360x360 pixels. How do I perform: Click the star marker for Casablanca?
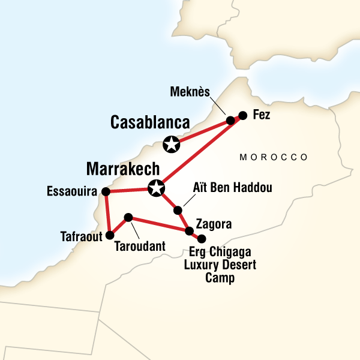coord(172,144)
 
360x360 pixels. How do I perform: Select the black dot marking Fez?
coord(242,115)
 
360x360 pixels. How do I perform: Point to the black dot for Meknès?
coord(230,121)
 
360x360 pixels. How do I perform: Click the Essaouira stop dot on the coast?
coord(106,192)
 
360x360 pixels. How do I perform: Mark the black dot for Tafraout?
coord(109,235)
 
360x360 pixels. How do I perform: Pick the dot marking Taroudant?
coord(128,217)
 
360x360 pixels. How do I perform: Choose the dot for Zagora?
coord(190,231)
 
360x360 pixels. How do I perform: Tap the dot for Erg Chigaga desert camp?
coord(202,238)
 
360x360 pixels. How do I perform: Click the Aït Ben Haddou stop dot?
coord(178,210)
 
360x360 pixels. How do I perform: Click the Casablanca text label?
coord(150,123)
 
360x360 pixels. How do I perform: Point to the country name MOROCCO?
coord(274,157)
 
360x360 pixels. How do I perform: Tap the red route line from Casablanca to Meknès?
coord(201,133)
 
